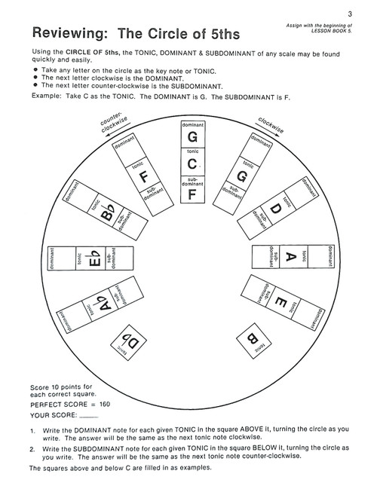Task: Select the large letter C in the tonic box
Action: (x=192, y=163)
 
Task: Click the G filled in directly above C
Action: (x=192, y=136)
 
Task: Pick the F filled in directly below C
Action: (x=192, y=194)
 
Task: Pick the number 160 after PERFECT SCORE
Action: (x=100, y=404)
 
